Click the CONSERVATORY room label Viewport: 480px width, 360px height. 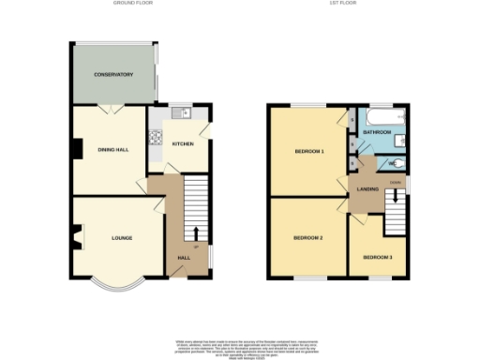[112, 75]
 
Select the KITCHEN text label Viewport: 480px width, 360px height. [183, 143]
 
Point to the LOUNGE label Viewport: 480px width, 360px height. [121, 237]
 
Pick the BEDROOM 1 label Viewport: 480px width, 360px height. [309, 151]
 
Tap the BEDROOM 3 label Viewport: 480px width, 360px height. [378, 256]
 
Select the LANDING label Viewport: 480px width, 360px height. [368, 189]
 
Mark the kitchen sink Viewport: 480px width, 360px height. [186, 114]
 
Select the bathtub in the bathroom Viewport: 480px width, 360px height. [384, 118]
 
